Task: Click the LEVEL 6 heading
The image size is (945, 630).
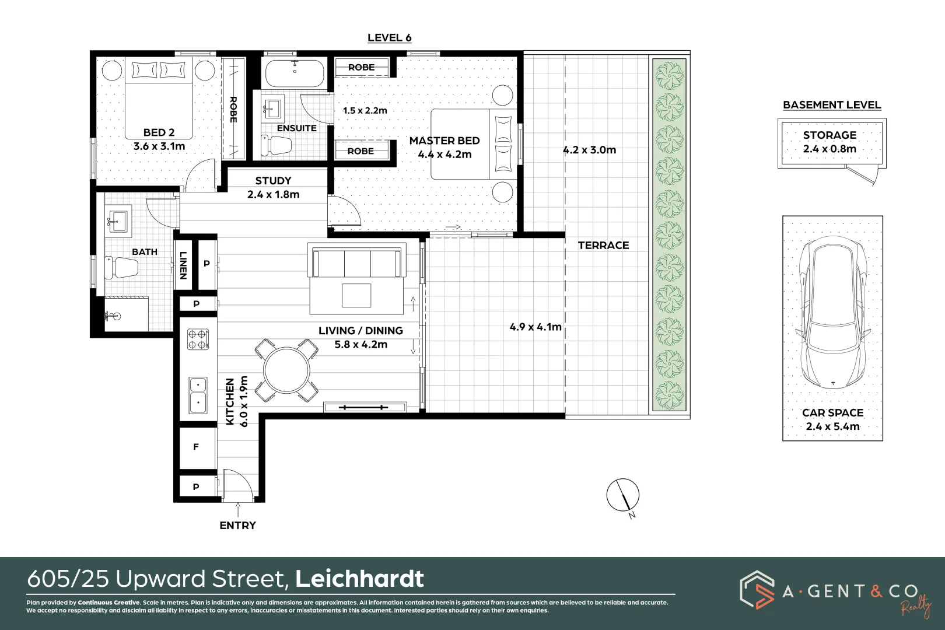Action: pos(389,38)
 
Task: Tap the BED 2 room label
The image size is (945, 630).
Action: pos(159,132)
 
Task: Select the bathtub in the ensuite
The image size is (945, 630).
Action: pos(294,73)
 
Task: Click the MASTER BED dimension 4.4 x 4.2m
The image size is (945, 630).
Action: pos(444,155)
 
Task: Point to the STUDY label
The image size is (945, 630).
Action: pos(273,181)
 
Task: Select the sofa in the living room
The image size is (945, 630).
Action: pos(357,262)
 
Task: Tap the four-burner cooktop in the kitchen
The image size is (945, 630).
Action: pos(198,339)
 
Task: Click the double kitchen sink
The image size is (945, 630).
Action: pos(198,394)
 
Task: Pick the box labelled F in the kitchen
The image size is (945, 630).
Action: pos(197,447)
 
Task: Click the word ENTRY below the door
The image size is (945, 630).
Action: pos(237,526)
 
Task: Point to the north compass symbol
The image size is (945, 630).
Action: pos(622,496)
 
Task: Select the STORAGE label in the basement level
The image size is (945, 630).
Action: pos(829,135)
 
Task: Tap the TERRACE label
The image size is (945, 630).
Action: pos(603,246)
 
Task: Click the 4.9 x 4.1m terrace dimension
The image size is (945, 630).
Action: pos(535,327)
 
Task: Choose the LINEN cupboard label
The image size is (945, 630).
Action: pos(183,265)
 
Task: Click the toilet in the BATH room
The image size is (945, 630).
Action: pos(123,267)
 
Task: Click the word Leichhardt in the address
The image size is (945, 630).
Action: pos(359,579)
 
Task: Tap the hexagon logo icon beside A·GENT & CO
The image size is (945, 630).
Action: pos(757,589)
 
